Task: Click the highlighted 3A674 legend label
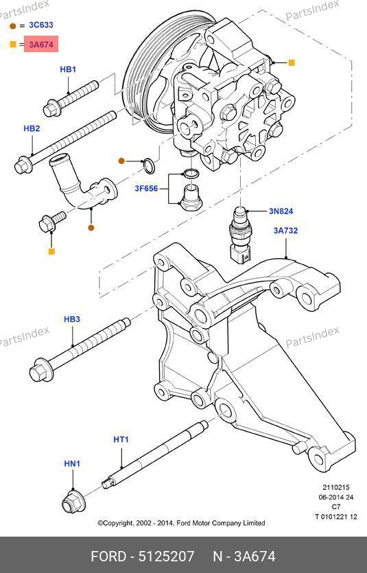pos(41,45)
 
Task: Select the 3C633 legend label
pos(41,25)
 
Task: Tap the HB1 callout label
pos(68,69)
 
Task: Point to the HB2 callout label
pos(32,128)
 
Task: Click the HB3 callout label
pos(72,319)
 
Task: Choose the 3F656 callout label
pos(146,189)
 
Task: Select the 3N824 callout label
pos(281,211)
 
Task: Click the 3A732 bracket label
pos(286,231)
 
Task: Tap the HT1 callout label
pos(121,439)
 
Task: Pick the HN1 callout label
pos(72,464)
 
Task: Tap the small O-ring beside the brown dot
pos(149,166)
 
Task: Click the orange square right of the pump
pos(292,63)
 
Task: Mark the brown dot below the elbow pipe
pos(91,228)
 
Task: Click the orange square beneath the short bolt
pos(51,251)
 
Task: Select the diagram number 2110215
pos(336,487)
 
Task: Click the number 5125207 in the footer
pos(167,557)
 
